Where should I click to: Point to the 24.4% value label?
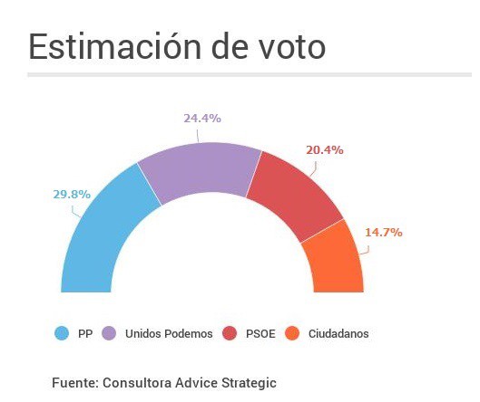pyautogui.click(x=202, y=119)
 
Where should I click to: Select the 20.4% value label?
pyautogui.click(x=325, y=149)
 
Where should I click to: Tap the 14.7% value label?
pyautogui.click(x=383, y=232)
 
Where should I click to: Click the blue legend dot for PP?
pyautogui.click(x=62, y=333)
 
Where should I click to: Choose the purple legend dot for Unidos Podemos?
pyautogui.click(x=108, y=333)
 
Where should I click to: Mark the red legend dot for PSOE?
pyautogui.click(x=230, y=333)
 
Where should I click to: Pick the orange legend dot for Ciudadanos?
pyautogui.click(x=293, y=333)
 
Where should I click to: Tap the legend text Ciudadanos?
pyautogui.click(x=338, y=334)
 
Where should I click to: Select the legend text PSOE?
pyautogui.click(x=260, y=334)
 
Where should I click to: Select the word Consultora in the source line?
pyautogui.click(x=145, y=383)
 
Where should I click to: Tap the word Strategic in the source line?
pyautogui.click(x=246, y=383)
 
